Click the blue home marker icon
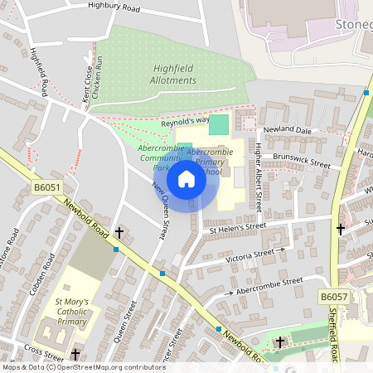pos(186,178)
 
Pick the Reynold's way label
pos(183,122)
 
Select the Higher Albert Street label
pos(259,177)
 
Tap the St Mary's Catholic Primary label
pos(75,310)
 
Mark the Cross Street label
pos(38,350)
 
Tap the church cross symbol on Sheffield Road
pos(340,228)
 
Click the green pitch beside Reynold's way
pos(218,125)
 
